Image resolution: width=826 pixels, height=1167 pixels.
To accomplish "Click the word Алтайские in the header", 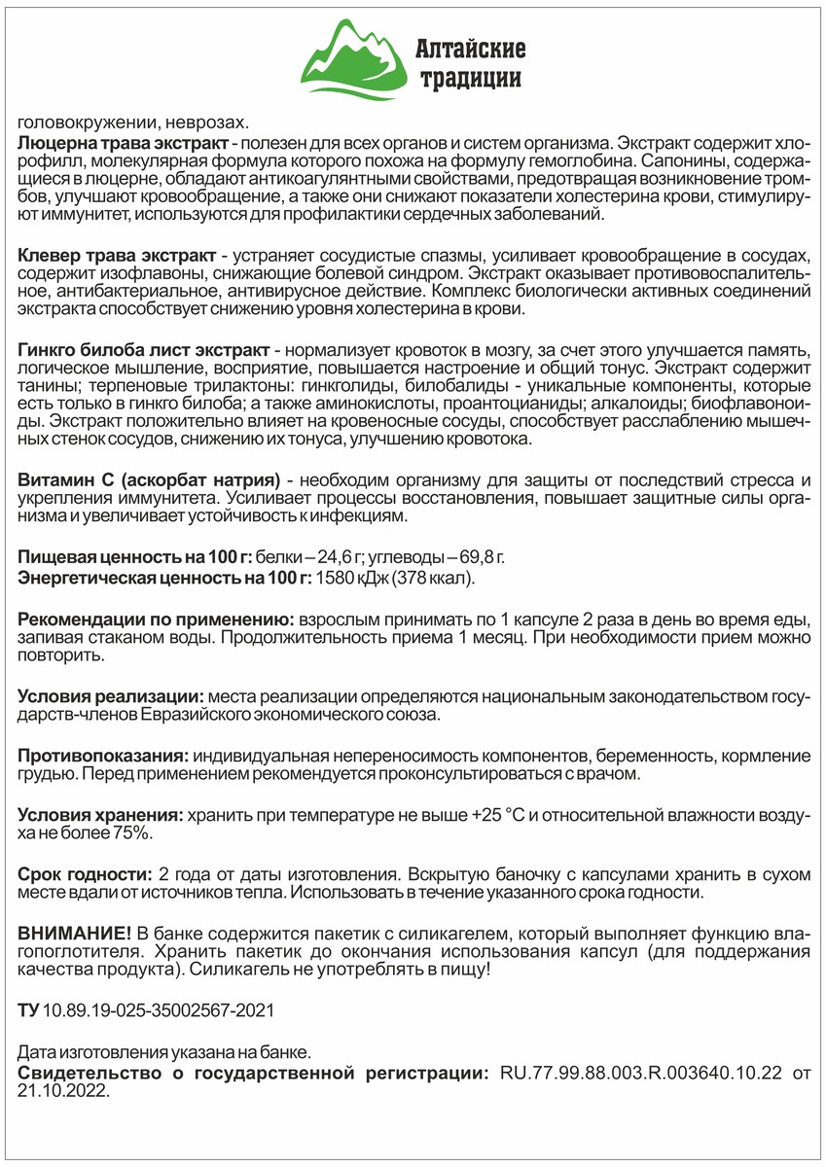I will tap(470, 47).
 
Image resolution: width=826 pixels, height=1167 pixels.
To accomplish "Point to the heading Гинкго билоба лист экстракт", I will tap(144, 349).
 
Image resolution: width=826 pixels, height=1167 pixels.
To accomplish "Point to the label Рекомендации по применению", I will tap(156, 619).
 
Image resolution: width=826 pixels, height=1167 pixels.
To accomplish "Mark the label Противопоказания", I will tap(103, 756).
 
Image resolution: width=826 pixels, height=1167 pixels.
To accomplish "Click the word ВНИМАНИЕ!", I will tap(75, 933).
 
